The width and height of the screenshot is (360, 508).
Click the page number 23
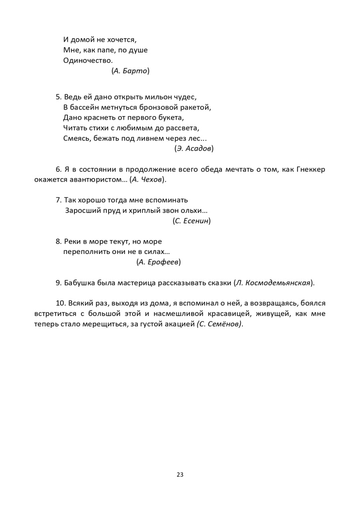[180, 475]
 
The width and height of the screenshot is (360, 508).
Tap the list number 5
[58, 97]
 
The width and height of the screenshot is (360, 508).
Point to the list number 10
[60, 303]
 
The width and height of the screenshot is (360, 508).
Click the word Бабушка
[80, 283]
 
